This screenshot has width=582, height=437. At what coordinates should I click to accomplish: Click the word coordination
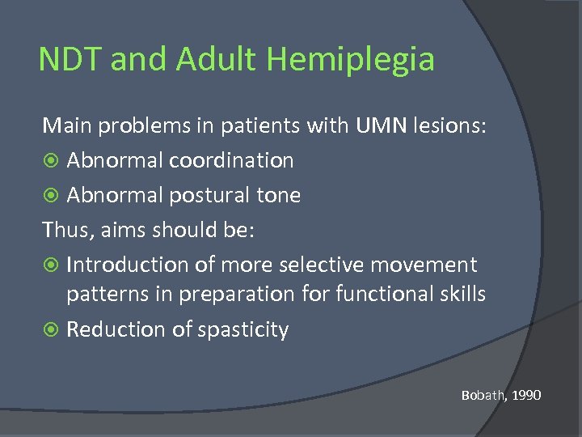231,160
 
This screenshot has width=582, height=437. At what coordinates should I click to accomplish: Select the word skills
462,294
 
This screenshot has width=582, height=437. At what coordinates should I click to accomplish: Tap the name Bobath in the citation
482,396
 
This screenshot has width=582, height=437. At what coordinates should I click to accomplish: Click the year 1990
525,396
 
